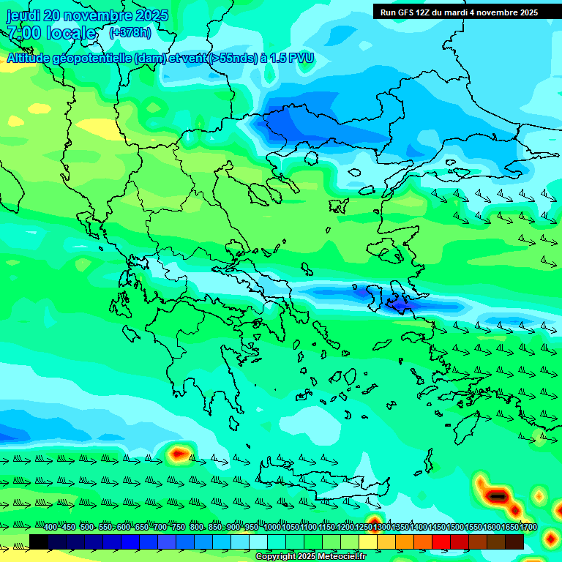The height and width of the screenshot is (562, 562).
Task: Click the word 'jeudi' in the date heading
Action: tap(23, 15)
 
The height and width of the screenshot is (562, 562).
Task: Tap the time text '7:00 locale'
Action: tap(51, 33)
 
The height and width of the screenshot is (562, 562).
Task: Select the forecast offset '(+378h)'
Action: tap(130, 33)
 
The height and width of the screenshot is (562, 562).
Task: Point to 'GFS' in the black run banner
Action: tap(407, 12)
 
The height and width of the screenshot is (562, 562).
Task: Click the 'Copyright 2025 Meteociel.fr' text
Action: tap(310, 557)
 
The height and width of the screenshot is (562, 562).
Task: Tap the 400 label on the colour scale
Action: tap(50, 528)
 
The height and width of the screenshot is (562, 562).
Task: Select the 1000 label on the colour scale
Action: tap(272, 528)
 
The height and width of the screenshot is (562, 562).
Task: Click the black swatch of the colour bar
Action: tap(39, 542)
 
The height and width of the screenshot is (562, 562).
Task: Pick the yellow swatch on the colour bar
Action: tap(368, 542)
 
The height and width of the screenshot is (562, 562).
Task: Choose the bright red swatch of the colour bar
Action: tap(441, 542)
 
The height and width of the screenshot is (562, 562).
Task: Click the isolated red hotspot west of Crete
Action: tap(177, 454)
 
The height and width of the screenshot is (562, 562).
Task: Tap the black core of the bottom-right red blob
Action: tap(498, 497)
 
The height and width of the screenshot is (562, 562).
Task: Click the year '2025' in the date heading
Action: tap(152, 15)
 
